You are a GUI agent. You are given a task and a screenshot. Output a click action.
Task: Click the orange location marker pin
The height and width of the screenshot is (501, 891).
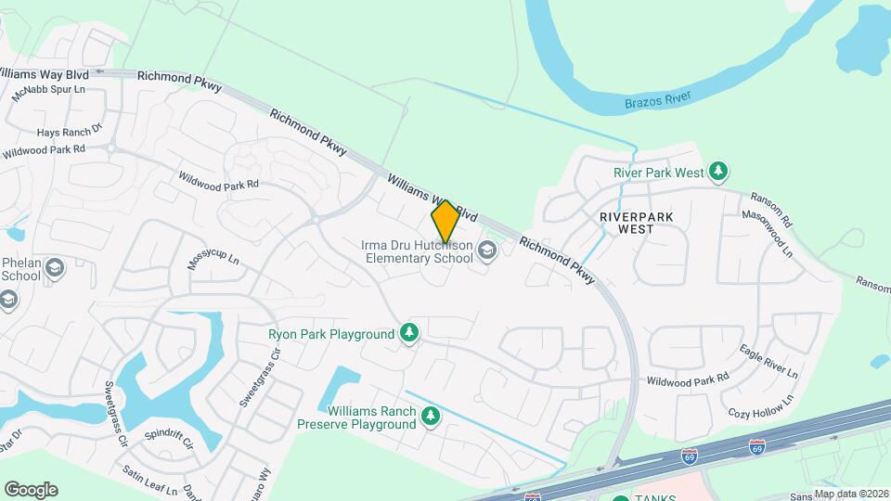[x=445, y=222]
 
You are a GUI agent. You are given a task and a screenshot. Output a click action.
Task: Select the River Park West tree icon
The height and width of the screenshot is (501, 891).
[x=717, y=172]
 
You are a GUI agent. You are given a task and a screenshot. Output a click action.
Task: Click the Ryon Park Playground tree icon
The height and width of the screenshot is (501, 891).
[x=409, y=333]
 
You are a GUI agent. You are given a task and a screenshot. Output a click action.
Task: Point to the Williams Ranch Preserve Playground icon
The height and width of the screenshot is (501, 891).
[x=430, y=417]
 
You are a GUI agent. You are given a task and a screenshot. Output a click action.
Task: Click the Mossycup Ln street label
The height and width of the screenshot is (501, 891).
[x=213, y=259]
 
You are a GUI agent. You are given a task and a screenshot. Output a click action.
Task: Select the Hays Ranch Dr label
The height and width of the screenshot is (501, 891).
[x=69, y=132]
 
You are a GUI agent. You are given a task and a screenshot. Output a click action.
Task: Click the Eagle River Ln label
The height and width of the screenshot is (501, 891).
[x=768, y=361]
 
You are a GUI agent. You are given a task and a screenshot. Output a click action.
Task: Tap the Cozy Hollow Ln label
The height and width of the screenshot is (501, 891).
[x=762, y=405]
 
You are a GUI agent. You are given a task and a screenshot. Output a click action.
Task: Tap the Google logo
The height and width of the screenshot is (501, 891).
[x=31, y=489]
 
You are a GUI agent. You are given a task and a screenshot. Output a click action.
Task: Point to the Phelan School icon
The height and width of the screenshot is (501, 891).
[x=55, y=269]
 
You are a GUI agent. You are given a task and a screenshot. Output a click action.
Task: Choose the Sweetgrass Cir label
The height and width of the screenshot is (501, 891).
[x=115, y=412]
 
